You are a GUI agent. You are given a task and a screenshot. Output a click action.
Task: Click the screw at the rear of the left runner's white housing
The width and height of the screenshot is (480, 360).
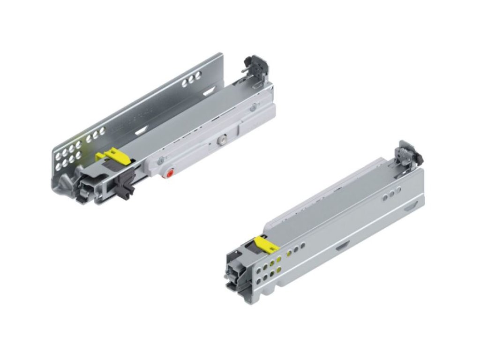click(253, 108)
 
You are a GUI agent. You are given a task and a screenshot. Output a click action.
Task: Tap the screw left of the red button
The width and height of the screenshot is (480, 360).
click(161, 161)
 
